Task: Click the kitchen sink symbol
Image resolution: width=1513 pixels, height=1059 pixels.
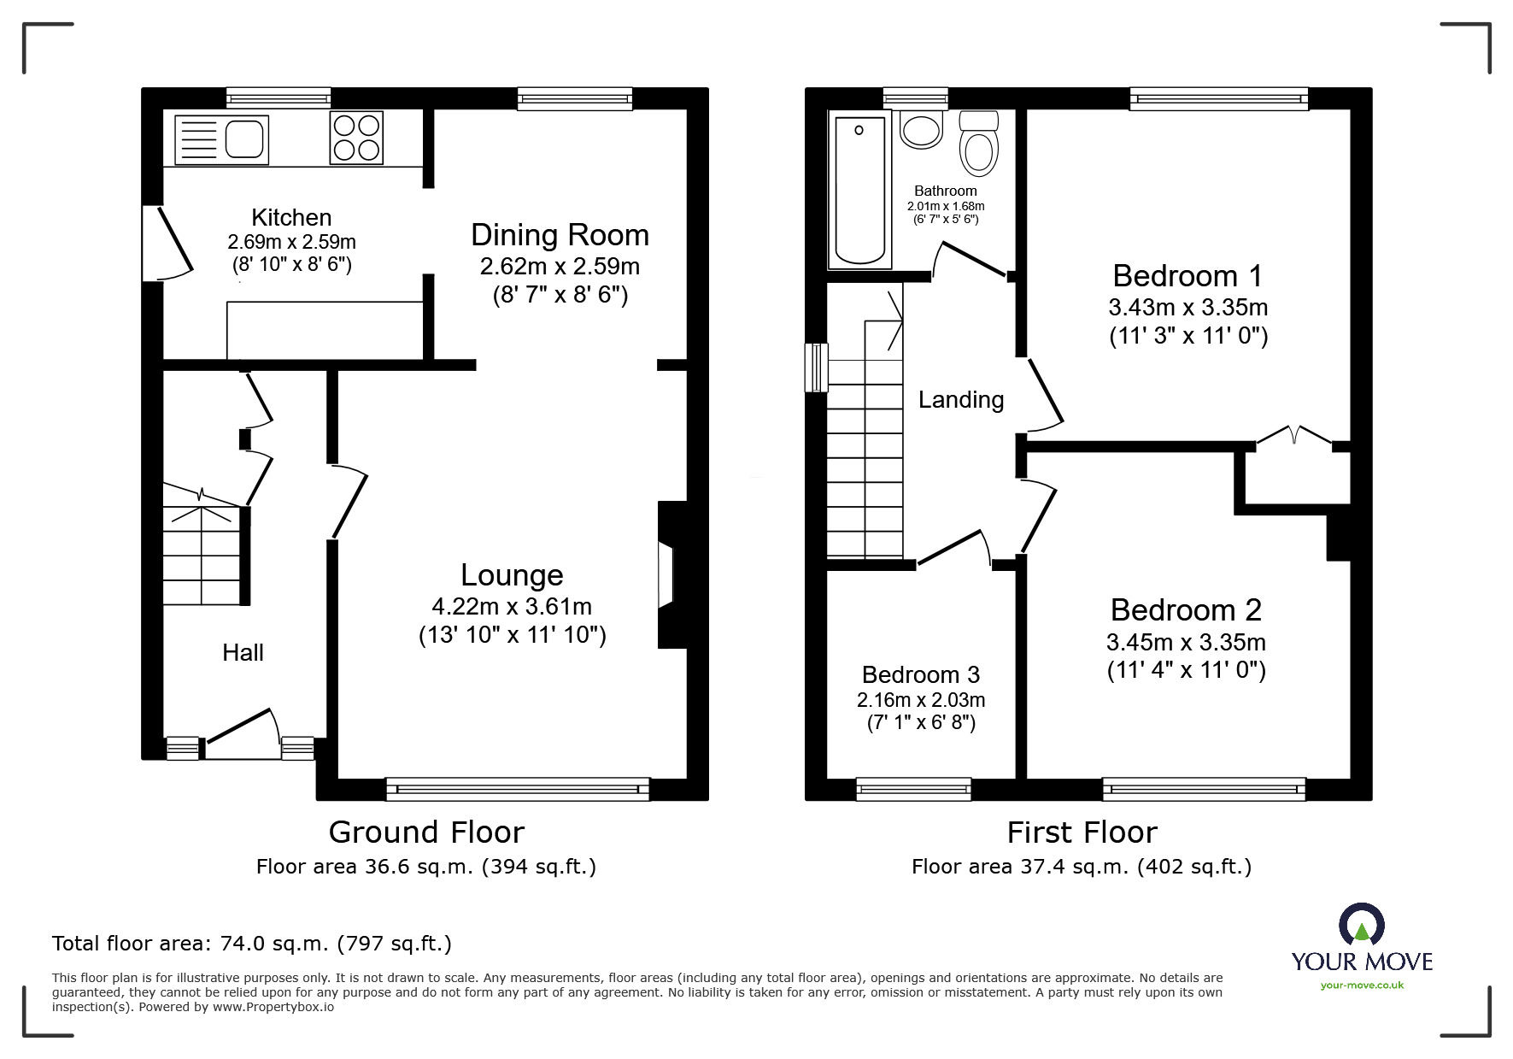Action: pyautogui.click(x=221, y=138)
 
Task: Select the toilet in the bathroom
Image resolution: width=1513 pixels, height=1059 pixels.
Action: pyautogui.click(x=979, y=145)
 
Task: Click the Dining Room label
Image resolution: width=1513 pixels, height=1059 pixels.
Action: pyautogui.click(x=560, y=235)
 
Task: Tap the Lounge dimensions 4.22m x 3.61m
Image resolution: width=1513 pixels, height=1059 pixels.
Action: pyautogui.click(x=512, y=607)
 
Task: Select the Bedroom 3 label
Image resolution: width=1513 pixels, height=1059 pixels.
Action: pyautogui.click(x=920, y=675)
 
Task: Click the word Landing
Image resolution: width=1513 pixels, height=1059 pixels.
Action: pyautogui.click(x=960, y=400)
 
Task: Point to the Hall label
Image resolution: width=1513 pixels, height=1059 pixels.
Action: pyautogui.click(x=243, y=653)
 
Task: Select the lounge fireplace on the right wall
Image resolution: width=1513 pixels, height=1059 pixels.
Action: pyautogui.click(x=666, y=574)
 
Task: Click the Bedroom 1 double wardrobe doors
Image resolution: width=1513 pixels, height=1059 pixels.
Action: pyautogui.click(x=1293, y=436)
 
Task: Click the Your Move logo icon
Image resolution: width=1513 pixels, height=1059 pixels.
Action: pyautogui.click(x=1361, y=926)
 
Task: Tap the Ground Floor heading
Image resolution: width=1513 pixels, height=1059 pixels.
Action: pyautogui.click(x=426, y=832)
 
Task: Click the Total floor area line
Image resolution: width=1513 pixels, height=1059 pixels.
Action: pyautogui.click(x=252, y=944)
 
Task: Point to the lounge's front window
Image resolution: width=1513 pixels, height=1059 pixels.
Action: pyautogui.click(x=517, y=789)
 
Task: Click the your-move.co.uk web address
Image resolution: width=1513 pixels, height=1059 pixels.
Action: pyautogui.click(x=1362, y=985)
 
